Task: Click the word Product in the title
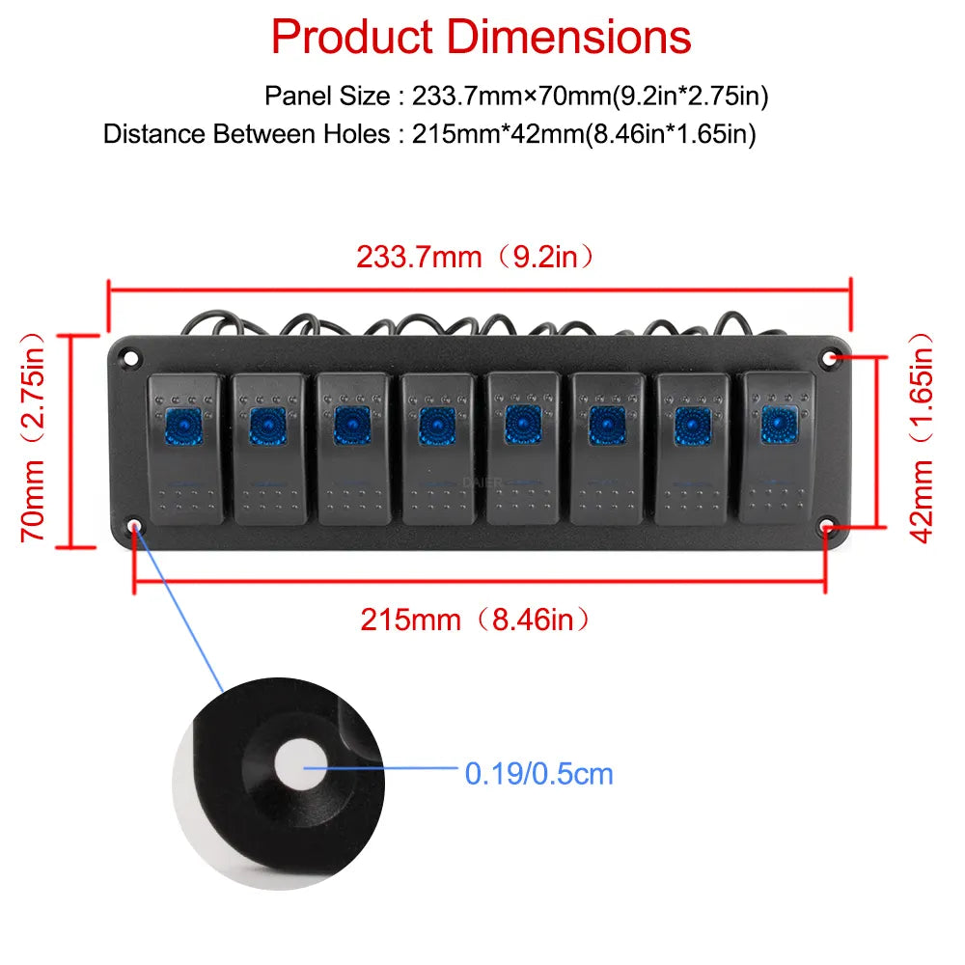[x=352, y=37]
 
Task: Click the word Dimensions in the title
[x=568, y=37]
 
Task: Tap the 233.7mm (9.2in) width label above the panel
[x=475, y=257]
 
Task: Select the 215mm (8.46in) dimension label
[x=475, y=620]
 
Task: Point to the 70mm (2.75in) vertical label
[x=33, y=438]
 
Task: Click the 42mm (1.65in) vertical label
[x=922, y=438]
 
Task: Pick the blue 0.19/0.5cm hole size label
[x=539, y=774]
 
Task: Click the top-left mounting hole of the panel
[x=130, y=358]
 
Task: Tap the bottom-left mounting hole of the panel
[x=135, y=526]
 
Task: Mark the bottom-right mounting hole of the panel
[x=827, y=527]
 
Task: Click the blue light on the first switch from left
[x=184, y=426]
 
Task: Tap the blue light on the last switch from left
[x=779, y=424]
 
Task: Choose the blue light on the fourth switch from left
[x=437, y=426]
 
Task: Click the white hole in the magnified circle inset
[x=300, y=765]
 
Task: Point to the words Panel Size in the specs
[x=327, y=96]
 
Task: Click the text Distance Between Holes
[x=246, y=133]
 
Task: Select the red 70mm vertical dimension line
[x=71, y=441]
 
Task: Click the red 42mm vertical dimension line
[x=878, y=441]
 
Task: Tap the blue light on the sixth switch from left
[x=607, y=426]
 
